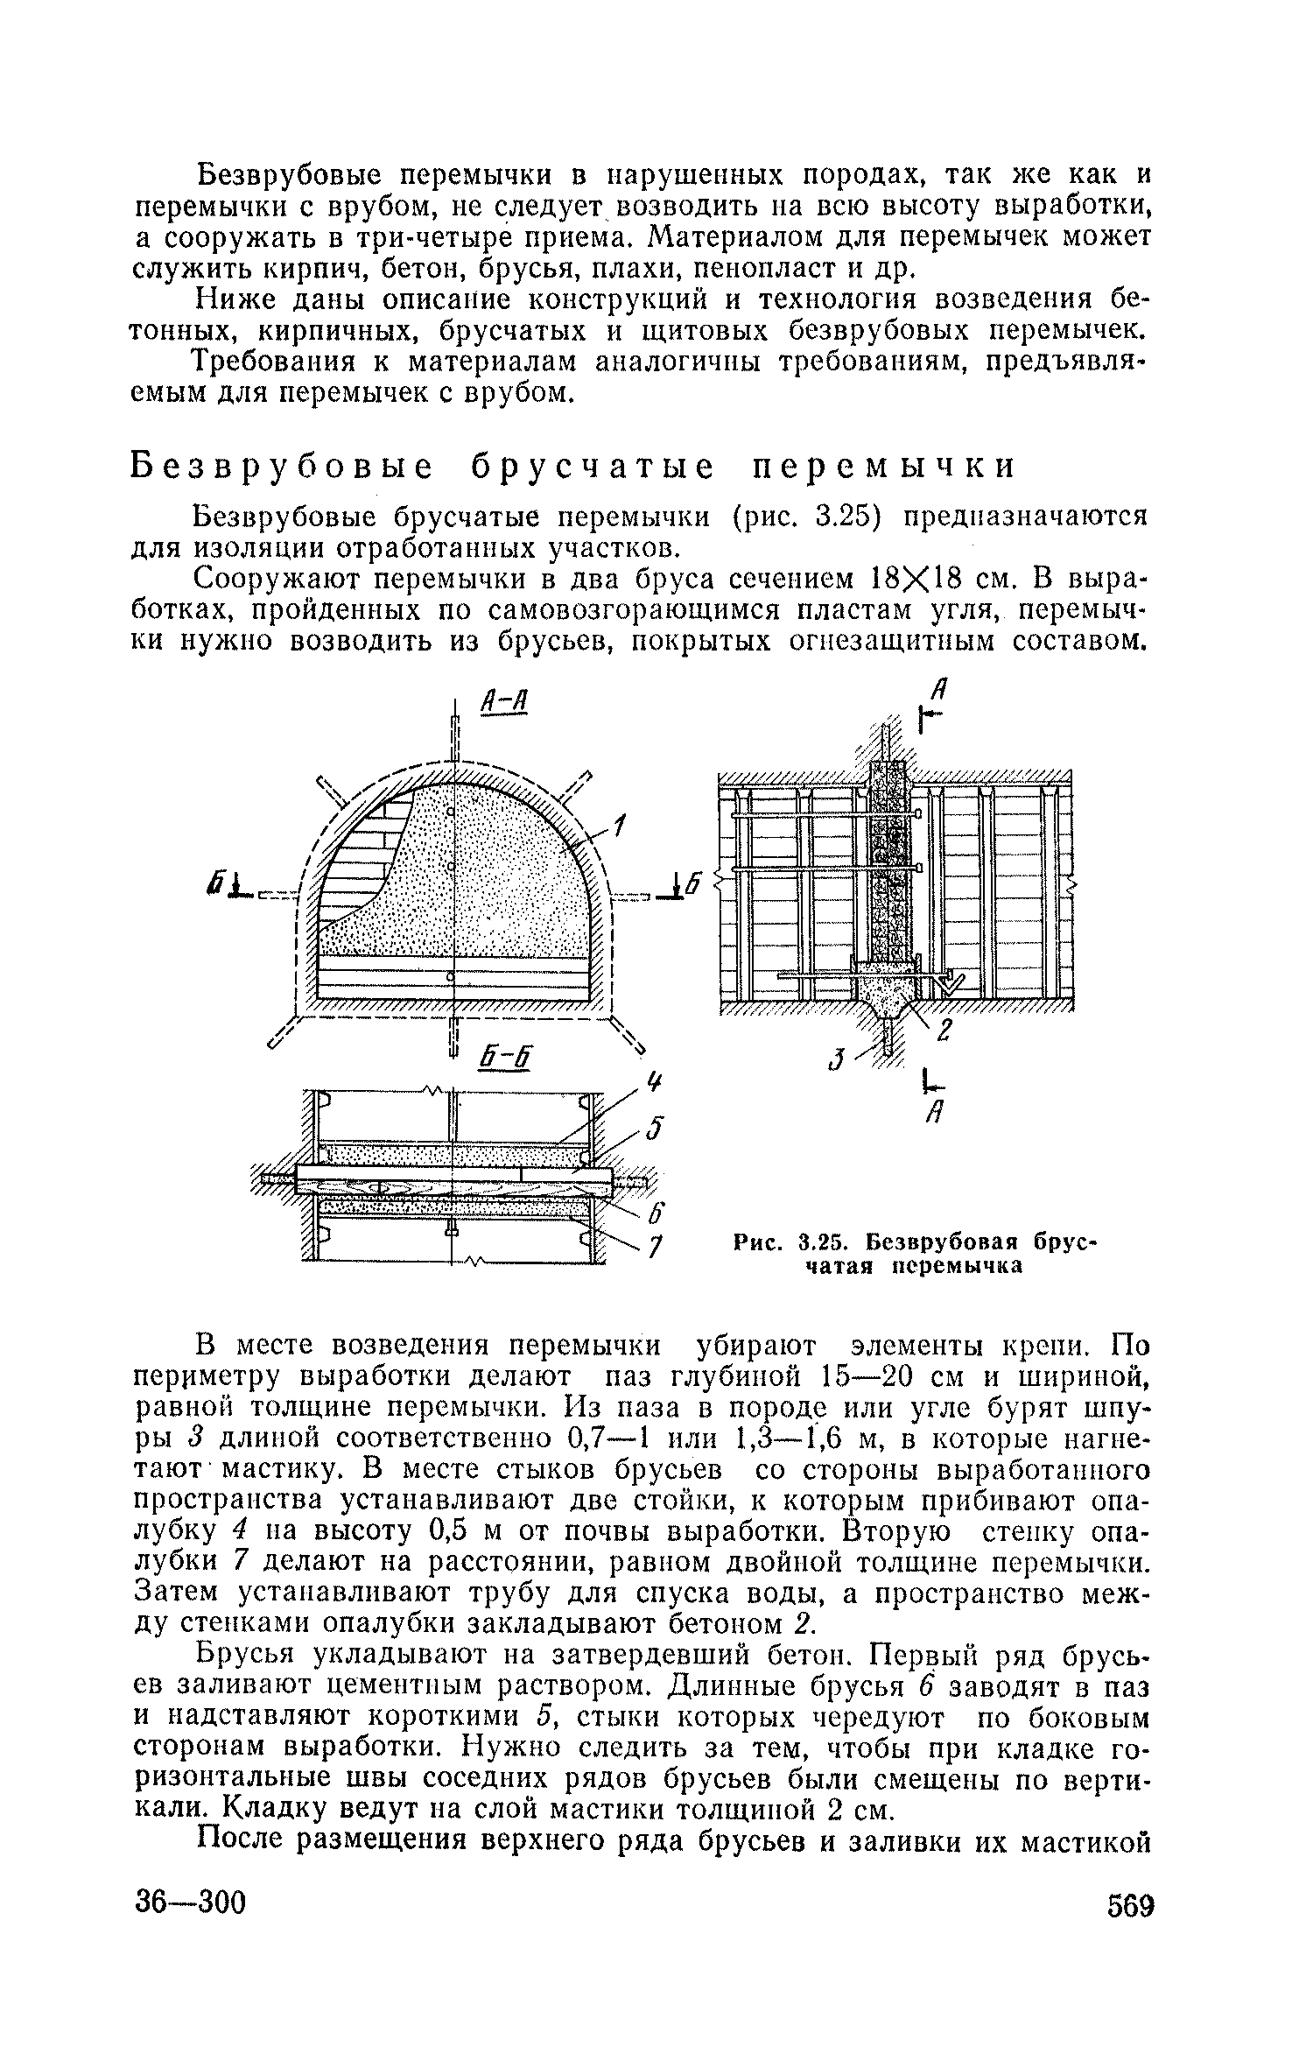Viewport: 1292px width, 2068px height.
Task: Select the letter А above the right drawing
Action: point(939,689)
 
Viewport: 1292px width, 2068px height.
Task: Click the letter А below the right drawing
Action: point(935,1115)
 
